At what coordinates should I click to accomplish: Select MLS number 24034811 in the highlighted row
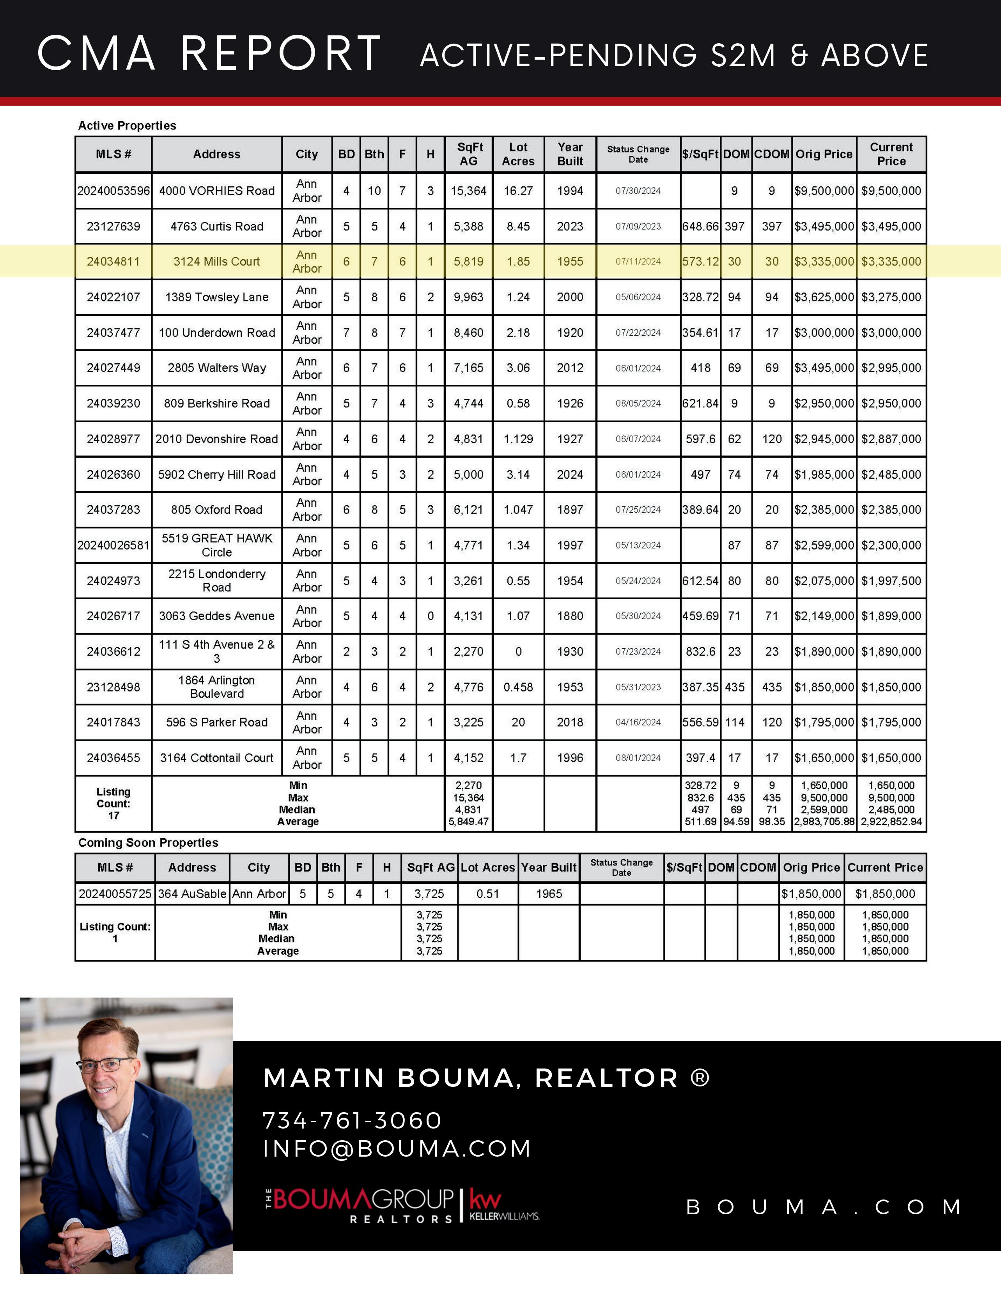(x=113, y=262)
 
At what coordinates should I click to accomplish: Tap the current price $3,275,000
(x=891, y=297)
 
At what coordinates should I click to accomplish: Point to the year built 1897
(x=570, y=510)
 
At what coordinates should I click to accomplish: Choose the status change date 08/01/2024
(x=638, y=758)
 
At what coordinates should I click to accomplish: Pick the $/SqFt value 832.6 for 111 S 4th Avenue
(x=700, y=652)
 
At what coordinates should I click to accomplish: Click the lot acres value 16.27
(x=518, y=191)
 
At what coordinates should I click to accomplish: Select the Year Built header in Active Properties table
(x=570, y=154)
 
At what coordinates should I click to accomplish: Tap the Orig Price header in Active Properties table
(x=824, y=154)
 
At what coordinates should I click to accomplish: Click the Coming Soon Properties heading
(x=148, y=842)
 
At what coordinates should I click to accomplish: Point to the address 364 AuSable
(x=192, y=893)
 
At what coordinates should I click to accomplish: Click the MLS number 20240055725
(x=115, y=893)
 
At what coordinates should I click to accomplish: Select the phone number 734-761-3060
(x=352, y=1121)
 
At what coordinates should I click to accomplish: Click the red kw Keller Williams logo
(x=485, y=1201)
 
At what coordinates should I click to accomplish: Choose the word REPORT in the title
(x=281, y=53)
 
